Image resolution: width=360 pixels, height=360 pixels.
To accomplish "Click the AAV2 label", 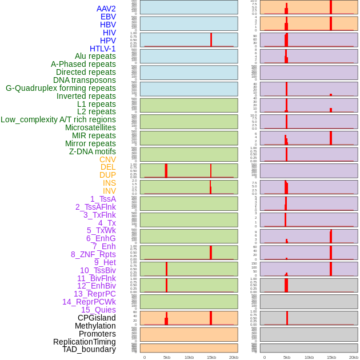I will pos(106,9).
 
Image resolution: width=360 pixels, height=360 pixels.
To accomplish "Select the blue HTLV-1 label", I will pos(102,49).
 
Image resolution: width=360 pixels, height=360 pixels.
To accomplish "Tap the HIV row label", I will pos(109,33).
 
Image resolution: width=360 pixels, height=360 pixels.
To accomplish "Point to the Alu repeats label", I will pos(95,56).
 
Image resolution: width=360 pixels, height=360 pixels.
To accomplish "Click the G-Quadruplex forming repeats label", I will pos(61,88).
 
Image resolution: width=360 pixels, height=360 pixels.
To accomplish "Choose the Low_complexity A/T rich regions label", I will pos(58,119).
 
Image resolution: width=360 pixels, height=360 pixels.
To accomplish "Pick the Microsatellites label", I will pos(90,127).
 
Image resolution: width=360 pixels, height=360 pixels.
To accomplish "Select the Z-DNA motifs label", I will pos(92,151).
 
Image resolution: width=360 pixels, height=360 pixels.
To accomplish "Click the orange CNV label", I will pos(107,159).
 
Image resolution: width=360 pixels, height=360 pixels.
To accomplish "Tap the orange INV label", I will pos(109,191).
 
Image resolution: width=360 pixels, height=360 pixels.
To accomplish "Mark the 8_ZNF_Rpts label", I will pos(93,254).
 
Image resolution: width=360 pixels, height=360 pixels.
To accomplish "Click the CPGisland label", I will pos(97,318).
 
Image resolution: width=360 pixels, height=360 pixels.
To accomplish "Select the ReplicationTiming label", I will pos(85,342).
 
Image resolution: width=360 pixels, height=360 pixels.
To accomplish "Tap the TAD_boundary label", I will pos(89,349).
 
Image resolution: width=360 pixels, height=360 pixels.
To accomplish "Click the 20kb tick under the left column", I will pos(233,357).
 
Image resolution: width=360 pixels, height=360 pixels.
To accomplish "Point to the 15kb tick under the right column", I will pos(331,357).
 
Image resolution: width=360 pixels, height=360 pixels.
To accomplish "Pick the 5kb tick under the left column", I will pos(166,357).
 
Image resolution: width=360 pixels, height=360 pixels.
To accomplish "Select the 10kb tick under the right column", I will pos(309,357).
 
